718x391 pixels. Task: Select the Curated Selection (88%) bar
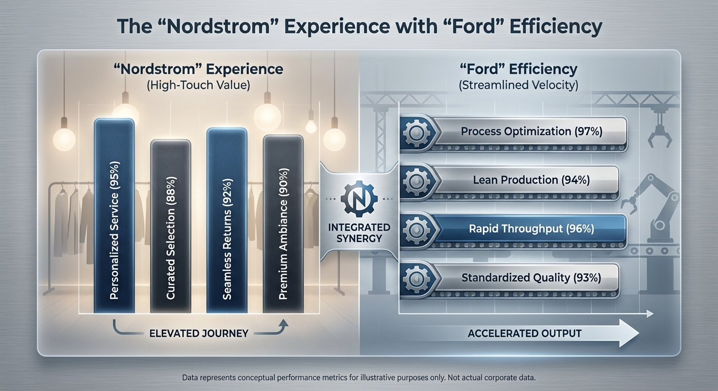point(170,227)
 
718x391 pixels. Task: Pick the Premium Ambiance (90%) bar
point(283,224)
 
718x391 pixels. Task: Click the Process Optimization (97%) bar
point(530,131)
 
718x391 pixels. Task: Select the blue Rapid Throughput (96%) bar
point(530,229)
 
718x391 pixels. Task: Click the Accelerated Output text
point(524,333)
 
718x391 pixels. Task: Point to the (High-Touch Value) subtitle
point(198,85)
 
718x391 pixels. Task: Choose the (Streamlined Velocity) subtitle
point(518,85)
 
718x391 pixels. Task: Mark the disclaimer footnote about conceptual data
point(359,378)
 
